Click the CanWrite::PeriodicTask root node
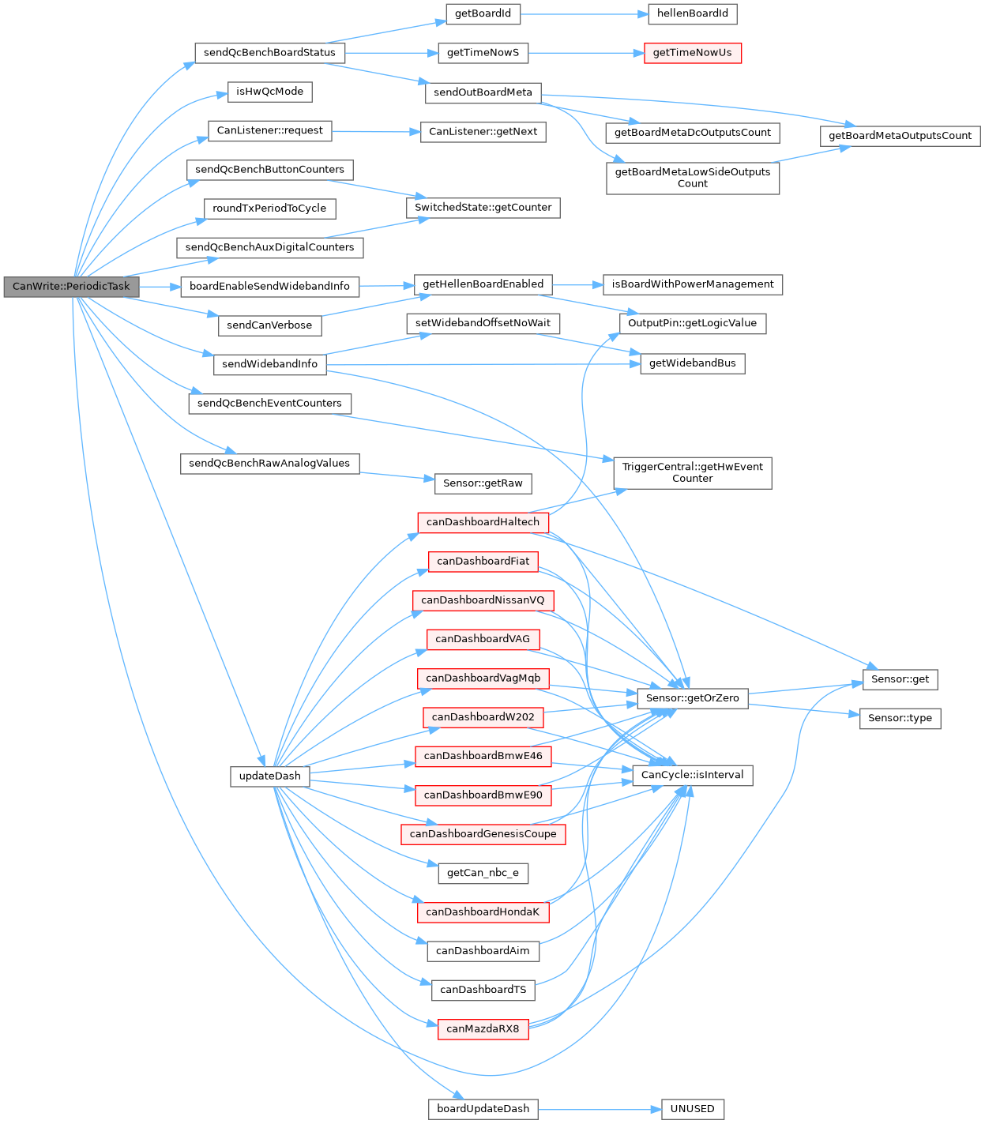click(71, 286)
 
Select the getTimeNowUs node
click(692, 53)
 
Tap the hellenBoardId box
click(692, 13)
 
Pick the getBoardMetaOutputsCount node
click(900, 136)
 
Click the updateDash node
click(269, 776)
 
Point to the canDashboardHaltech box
click(483, 522)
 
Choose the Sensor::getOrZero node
click(692, 698)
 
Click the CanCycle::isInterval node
click(692, 775)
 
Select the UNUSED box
click(692, 1109)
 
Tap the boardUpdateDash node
click(483, 1109)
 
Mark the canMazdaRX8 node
click(483, 1028)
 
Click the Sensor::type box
click(900, 718)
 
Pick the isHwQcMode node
click(269, 92)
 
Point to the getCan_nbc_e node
click(483, 873)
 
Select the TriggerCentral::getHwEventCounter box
click(692, 472)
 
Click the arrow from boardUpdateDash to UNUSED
click(600, 1109)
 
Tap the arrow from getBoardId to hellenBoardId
click(585, 13)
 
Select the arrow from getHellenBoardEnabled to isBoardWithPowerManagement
click(577, 284)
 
